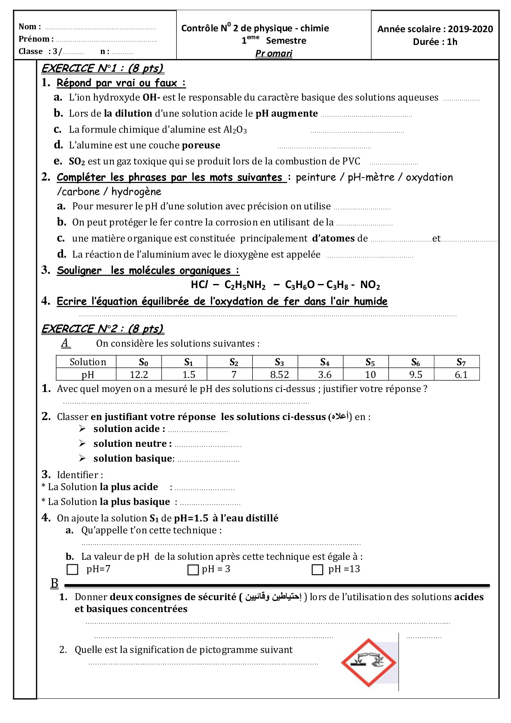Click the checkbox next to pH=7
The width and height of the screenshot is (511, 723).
coord(72,570)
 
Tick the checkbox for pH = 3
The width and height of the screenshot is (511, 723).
coord(193,570)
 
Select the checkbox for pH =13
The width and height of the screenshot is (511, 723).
coord(317,570)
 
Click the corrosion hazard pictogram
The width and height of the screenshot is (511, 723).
coord(368,662)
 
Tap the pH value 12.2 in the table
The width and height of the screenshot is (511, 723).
coord(139,375)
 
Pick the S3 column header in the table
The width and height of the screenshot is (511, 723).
coord(279,362)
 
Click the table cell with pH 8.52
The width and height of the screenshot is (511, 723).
coord(279,375)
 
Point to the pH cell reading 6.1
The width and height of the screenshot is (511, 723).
coord(461,375)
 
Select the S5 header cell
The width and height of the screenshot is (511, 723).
coord(370,362)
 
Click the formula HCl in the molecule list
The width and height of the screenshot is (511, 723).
coord(199,285)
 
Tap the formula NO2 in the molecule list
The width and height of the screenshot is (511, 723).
coord(370,285)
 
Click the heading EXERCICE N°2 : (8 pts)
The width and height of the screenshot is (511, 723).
coord(103,329)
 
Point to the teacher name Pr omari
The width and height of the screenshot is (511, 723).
coord(274,54)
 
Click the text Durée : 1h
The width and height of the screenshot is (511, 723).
coord(435,42)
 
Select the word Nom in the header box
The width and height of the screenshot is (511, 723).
coord(28,27)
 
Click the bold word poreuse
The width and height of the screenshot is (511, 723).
coord(201,145)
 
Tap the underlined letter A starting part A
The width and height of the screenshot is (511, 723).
coord(66,343)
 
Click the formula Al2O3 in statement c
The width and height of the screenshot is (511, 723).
coord(235,129)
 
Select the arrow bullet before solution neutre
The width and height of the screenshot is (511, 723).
coord(82,444)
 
